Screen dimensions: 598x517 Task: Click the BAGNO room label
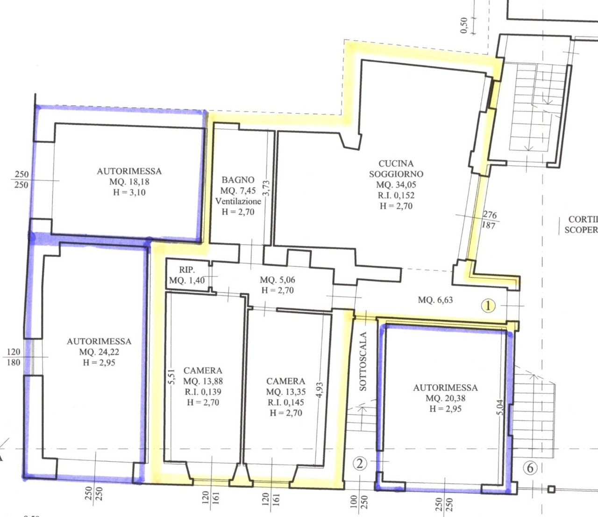tap(238, 180)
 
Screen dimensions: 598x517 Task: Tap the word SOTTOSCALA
tap(363, 361)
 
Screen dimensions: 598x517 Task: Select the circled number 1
tap(488, 306)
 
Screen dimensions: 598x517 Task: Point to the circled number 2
tap(360, 464)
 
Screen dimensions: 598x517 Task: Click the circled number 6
tap(530, 468)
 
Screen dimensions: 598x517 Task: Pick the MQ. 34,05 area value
tap(396, 185)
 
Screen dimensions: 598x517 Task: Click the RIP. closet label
tap(187, 270)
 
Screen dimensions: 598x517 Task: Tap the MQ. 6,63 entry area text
tap(435, 300)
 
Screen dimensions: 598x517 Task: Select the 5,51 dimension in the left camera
tap(172, 377)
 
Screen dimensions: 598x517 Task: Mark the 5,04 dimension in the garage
tap(501, 407)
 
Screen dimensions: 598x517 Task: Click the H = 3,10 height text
tap(129, 192)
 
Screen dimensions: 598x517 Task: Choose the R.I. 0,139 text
tap(203, 392)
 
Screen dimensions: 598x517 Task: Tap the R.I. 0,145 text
tap(285, 402)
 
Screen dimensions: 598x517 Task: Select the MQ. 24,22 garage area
tap(99, 352)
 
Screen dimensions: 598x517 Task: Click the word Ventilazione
tap(238, 201)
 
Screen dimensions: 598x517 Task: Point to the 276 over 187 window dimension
tap(489, 220)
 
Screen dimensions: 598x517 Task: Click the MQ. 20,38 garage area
tap(445, 398)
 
